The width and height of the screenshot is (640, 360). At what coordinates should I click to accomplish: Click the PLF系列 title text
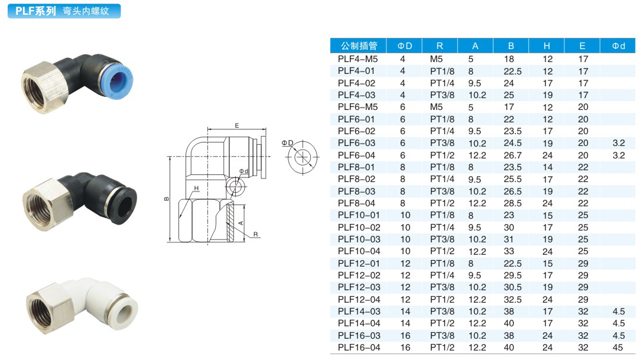[x=35, y=11]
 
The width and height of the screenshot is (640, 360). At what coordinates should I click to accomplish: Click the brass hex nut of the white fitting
[x=46, y=308]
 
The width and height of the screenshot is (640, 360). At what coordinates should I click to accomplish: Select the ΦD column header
[x=404, y=46]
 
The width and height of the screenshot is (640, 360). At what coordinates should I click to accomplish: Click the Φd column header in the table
[x=618, y=46]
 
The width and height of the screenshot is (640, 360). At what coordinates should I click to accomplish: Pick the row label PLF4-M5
[x=358, y=59]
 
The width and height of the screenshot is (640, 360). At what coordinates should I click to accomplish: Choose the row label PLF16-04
[x=359, y=348]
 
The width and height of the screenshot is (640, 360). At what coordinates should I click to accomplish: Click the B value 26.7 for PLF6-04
[x=513, y=155]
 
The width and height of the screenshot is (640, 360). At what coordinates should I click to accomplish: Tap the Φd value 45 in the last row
[x=618, y=348]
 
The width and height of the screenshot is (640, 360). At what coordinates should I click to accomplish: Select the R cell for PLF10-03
[x=442, y=239]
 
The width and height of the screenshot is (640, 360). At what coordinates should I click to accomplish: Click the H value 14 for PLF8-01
[x=547, y=167]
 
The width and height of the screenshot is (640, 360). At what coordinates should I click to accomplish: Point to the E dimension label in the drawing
[x=237, y=126]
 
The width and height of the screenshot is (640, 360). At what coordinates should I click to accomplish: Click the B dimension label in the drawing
[x=167, y=199]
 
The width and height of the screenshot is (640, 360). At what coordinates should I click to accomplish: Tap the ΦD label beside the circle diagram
[x=287, y=143]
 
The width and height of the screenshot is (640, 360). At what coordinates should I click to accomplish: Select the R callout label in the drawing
[x=255, y=234]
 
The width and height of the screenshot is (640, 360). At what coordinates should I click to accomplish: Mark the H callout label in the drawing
[x=196, y=188]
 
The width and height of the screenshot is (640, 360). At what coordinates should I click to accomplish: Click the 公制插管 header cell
[x=359, y=46]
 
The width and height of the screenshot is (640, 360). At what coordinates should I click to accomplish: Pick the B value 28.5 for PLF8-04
[x=513, y=203]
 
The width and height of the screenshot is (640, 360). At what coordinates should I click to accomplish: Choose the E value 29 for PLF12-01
[x=583, y=263]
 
